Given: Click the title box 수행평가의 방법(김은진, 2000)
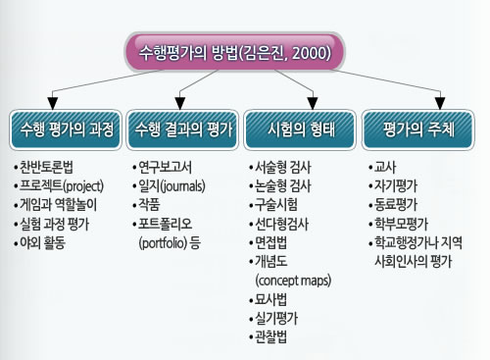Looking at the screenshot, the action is [x=234, y=52].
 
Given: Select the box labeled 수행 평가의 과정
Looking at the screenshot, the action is [x=66, y=129].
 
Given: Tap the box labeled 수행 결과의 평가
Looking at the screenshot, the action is [x=182, y=129].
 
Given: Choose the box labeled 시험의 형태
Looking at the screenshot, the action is [x=300, y=129].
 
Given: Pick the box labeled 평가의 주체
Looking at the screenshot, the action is [x=417, y=129].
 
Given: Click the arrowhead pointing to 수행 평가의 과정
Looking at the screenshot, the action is [x=53, y=103].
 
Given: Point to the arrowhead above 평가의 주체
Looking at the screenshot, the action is [x=440, y=103].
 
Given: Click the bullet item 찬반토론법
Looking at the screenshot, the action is [x=43, y=167].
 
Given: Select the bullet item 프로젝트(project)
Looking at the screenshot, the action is [x=59, y=186].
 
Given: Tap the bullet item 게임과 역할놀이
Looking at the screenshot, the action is [x=56, y=205].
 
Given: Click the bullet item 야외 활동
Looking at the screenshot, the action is [x=40, y=242].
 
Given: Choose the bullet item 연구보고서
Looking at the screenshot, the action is [x=163, y=167].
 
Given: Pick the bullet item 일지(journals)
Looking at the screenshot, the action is [x=169, y=186].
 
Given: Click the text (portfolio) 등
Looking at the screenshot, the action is [x=170, y=243].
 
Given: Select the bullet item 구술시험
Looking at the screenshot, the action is [x=273, y=205].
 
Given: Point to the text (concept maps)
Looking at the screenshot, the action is [x=293, y=281].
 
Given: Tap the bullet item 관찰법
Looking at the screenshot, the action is [x=268, y=337].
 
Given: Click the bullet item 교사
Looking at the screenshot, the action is [x=382, y=167].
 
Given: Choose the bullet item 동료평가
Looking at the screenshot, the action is [x=393, y=205].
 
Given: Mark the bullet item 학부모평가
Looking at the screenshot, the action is [x=398, y=224].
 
